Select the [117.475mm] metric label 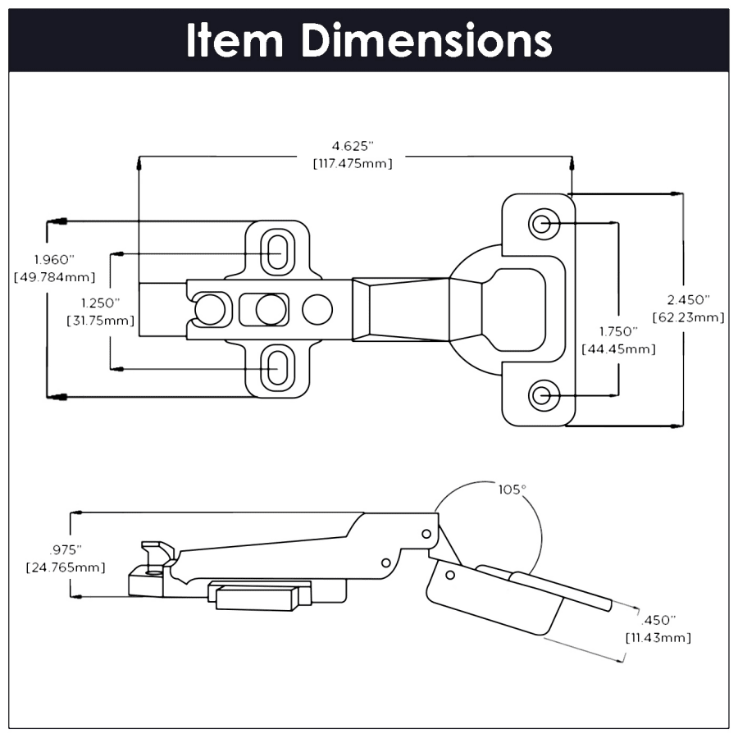point(353,163)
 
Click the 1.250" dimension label point(100,303)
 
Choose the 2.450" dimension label point(688,299)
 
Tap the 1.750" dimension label point(617,331)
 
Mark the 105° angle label point(512,490)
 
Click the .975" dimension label point(66,549)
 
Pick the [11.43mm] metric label point(658,637)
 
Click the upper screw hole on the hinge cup point(542,223)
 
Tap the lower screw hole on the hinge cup point(542,395)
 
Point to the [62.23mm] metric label point(688,317)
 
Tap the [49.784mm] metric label point(54,276)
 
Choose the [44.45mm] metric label point(618,349)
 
